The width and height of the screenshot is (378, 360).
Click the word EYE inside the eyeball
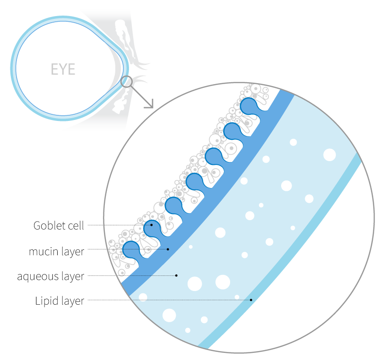pos(63,69)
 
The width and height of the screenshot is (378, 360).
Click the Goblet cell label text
pos(59,225)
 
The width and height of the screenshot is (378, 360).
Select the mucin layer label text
pos(56,251)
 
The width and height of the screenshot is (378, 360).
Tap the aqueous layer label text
pos(51,276)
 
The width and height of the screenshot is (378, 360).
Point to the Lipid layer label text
pos(60,300)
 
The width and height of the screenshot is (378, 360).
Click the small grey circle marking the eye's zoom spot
pos(127,82)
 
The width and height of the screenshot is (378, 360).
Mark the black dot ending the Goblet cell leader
pos(152,225)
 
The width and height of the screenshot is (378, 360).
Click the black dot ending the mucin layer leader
pos(168,249)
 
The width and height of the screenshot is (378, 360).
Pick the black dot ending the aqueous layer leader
pos(176,275)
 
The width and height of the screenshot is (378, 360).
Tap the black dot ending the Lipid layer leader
pos(251,300)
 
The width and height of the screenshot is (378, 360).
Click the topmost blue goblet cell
pos(249,106)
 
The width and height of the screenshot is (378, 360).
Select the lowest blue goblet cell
pos(131,249)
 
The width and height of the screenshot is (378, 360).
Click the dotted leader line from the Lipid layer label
pos(165,300)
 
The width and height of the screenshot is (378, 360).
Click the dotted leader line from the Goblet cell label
pos(118,225)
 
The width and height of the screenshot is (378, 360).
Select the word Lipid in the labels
pos(46,300)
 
